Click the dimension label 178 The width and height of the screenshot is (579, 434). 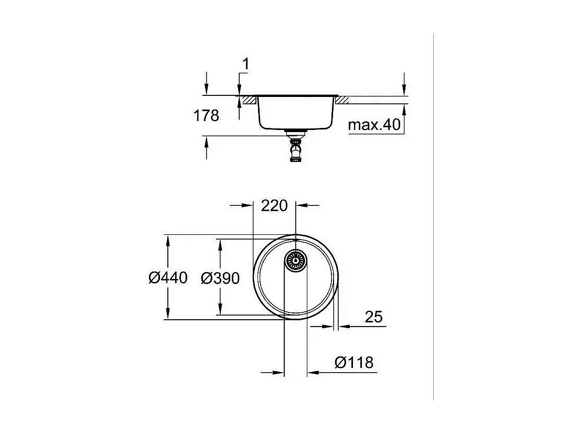click(x=207, y=116)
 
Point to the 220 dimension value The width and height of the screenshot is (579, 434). click(x=274, y=205)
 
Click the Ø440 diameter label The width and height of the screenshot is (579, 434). click(x=168, y=278)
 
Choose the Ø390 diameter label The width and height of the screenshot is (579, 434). click(x=220, y=278)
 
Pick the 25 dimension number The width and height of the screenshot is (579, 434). click(x=373, y=317)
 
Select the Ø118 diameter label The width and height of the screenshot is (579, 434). click(x=353, y=362)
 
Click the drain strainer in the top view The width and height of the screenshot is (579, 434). click(x=295, y=261)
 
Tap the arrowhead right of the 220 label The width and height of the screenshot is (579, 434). click(x=302, y=205)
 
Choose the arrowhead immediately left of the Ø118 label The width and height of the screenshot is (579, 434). click(x=313, y=373)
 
